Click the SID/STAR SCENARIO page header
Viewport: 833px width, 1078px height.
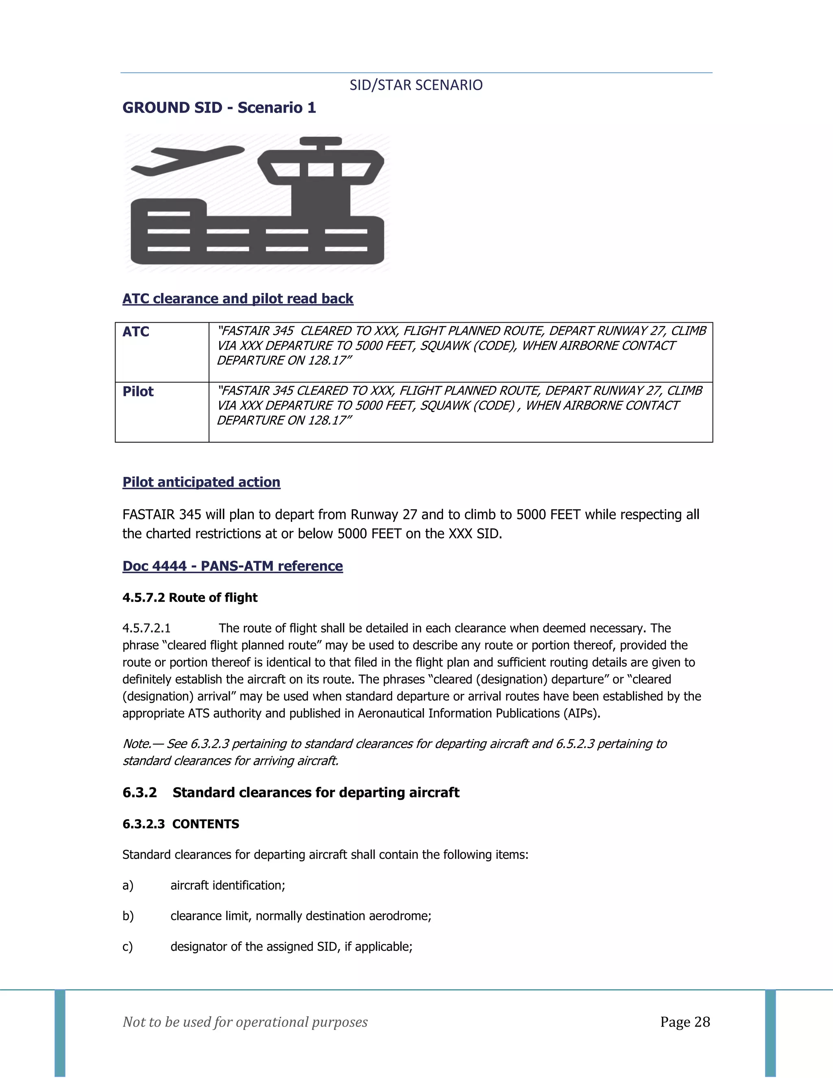pos(416,85)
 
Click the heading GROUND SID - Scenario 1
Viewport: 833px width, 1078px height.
pos(219,108)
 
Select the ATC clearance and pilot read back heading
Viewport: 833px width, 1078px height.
pos(238,299)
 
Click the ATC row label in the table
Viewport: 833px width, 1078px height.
pos(136,332)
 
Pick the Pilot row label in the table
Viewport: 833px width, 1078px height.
pos(138,391)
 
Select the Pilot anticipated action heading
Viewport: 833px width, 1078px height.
pos(201,482)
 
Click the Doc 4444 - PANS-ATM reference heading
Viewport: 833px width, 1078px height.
pos(232,566)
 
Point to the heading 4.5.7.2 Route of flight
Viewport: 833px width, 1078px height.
pos(190,598)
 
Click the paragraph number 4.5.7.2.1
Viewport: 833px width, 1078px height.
pos(146,628)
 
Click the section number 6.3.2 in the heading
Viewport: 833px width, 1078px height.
pos(140,793)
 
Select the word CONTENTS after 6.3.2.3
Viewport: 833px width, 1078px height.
pos(205,824)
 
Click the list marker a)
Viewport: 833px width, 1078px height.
pos(128,886)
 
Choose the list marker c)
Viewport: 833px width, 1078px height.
pos(128,947)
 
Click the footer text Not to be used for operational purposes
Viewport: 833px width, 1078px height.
pos(245,1022)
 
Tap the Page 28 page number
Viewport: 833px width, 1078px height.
pos(685,1022)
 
